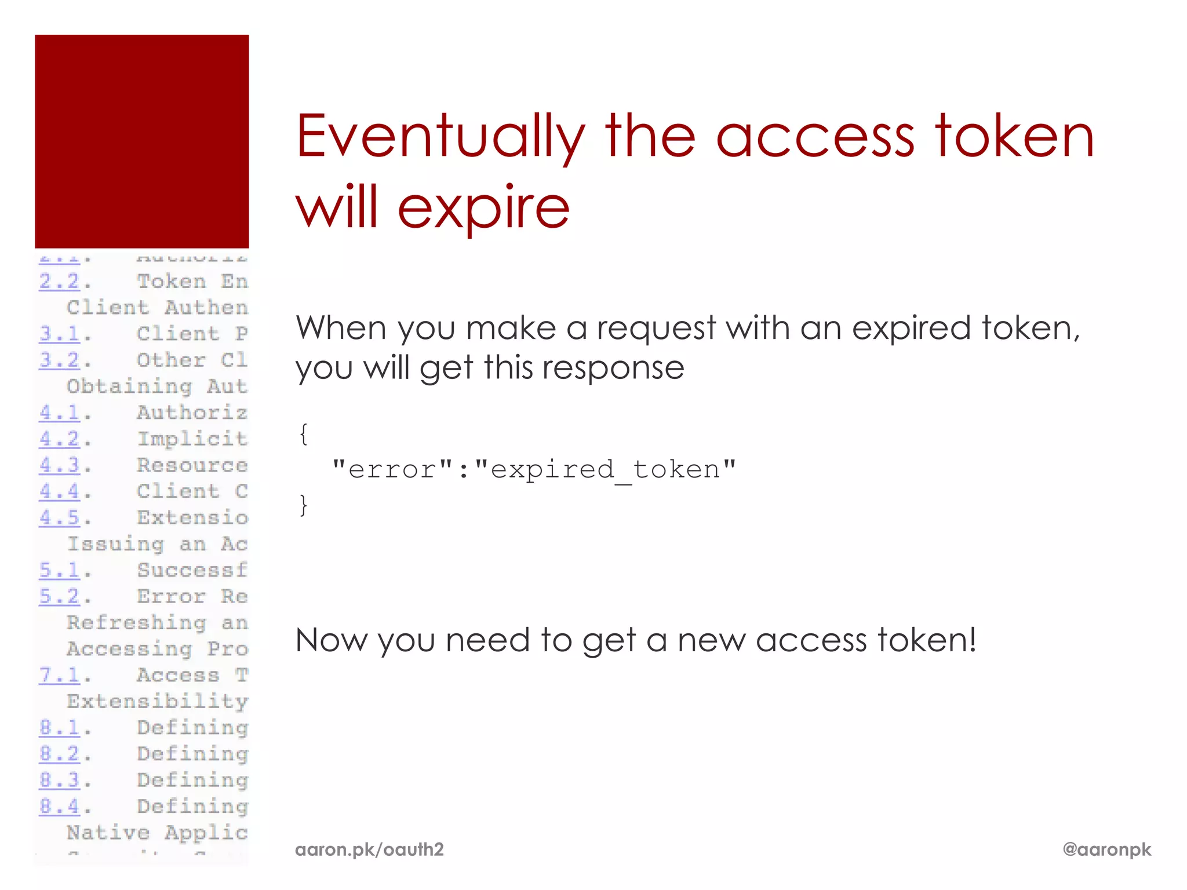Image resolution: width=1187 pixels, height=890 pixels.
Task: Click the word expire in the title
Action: click(484, 207)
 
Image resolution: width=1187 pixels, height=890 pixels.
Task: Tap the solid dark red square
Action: click(142, 141)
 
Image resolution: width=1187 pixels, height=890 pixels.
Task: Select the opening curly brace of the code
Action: click(303, 433)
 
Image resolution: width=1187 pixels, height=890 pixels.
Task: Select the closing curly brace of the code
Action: click(303, 505)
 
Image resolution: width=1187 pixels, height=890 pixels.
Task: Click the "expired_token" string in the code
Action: click(606, 469)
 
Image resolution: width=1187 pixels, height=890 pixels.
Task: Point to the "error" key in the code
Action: click(392, 469)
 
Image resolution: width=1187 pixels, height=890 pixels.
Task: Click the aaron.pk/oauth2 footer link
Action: click(369, 849)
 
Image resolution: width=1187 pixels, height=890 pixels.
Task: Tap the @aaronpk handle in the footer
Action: click(1106, 849)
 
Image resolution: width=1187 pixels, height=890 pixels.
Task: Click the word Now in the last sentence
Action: click(332, 640)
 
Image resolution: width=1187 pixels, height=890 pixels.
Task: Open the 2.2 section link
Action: click(60, 282)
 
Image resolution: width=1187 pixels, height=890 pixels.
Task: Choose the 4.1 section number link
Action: click(60, 413)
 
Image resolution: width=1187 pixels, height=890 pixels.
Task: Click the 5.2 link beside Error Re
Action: click(60, 596)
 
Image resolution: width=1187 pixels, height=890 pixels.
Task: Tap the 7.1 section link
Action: click(60, 675)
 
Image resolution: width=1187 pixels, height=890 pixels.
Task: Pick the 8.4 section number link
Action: click(60, 806)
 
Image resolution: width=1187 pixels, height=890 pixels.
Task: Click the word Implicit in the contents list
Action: click(192, 439)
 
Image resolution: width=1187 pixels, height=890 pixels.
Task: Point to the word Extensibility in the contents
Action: click(158, 702)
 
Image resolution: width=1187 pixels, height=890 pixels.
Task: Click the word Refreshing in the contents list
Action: click(137, 623)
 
